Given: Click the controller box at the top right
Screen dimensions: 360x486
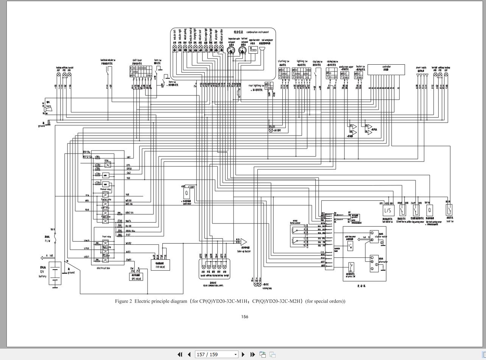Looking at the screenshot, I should click(386, 70).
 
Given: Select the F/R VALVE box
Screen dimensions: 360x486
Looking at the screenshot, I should click(160, 265).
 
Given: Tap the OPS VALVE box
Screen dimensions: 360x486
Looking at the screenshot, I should click(136, 277).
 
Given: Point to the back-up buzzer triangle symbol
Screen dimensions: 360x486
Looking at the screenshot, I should click(243, 242).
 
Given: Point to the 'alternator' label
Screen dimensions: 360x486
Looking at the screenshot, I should click(382, 262).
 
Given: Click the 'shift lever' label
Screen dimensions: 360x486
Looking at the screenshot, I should click(137, 60).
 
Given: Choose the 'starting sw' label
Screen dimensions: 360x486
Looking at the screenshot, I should click(283, 61).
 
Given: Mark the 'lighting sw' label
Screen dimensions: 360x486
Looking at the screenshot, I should click(302, 61).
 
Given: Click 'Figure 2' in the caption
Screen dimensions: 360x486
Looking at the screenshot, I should click(123, 301).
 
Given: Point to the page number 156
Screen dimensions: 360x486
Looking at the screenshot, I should click(245, 317).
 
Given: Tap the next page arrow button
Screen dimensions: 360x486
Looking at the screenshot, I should click(243, 354).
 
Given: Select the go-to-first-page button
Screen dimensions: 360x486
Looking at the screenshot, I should click(180, 354).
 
